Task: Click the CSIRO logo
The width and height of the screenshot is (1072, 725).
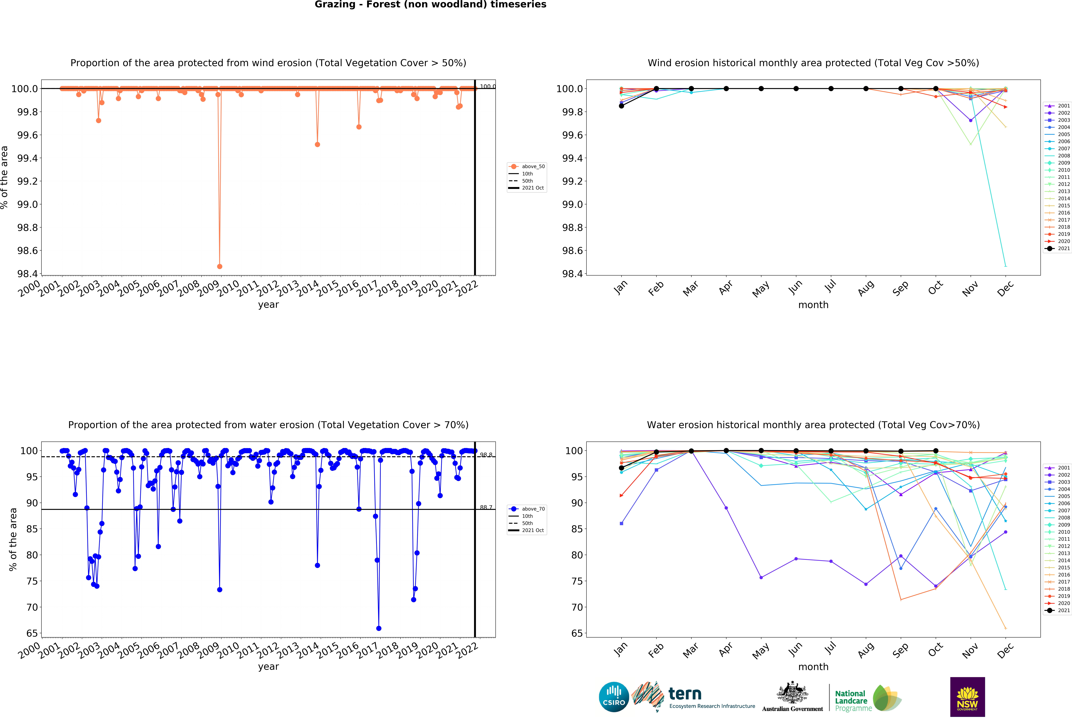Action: [614, 697]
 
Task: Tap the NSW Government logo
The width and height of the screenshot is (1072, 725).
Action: [967, 697]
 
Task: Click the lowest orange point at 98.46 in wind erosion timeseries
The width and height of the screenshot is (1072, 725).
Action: [220, 267]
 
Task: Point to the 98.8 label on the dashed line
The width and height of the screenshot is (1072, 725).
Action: [486, 455]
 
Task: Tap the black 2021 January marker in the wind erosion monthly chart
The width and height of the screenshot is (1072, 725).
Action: [621, 106]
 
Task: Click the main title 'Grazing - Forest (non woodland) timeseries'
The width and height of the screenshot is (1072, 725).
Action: [430, 5]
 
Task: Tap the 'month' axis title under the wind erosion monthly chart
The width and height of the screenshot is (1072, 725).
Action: [813, 305]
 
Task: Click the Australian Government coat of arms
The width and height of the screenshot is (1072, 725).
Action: [792, 692]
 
